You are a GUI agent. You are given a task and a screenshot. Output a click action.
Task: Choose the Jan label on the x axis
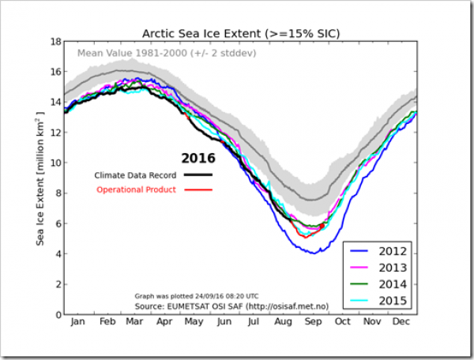click(79, 323)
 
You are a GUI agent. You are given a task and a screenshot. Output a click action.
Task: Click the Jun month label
click(225, 323)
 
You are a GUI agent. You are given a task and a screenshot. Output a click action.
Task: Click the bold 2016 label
click(198, 159)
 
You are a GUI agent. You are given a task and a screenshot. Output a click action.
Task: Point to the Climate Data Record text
click(137, 174)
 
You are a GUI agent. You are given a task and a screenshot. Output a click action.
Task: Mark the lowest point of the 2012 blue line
click(314, 253)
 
